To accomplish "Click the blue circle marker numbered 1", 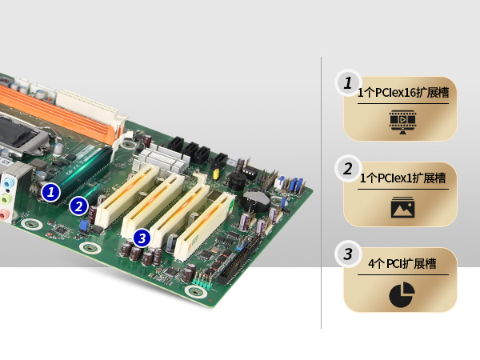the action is [51, 192].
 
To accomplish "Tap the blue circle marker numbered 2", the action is [79, 206].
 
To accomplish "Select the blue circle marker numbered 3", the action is [142, 238].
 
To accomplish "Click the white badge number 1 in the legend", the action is [348, 83].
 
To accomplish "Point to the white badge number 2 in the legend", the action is [348, 169].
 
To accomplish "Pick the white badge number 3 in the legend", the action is [348, 254].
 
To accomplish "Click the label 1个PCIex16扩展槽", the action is [403, 93].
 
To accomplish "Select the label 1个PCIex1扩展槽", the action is [403, 178].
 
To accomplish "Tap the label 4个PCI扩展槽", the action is [402, 263].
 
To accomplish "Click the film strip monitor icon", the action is [402, 122].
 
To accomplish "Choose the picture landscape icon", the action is [402, 207].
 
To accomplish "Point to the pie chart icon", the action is [402, 294].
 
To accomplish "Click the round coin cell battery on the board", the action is [256, 201].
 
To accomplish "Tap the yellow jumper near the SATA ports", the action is [217, 174].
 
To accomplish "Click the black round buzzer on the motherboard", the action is [237, 182].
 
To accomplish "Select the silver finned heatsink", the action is [163, 160].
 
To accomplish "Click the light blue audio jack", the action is [8, 183].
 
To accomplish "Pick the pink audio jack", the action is [3, 214].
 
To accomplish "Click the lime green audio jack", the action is [6, 199].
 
